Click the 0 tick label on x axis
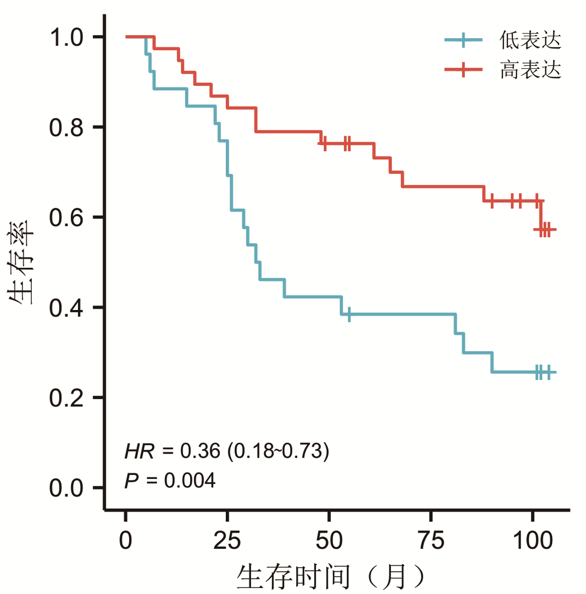pos(126,540)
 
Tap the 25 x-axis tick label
pos(227,540)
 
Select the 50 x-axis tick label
pos(329,540)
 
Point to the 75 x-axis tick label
pos(431,540)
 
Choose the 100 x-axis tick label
pos(532,540)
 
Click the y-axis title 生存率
pos(21,262)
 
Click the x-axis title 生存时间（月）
pos(331,577)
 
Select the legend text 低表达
pos(530,40)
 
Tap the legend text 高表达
pos(530,70)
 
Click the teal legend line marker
pos(463,40)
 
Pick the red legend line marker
pos(463,70)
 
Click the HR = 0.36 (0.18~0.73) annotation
pos(227,451)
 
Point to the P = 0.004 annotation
pos(170,480)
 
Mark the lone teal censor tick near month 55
pos(349,314)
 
